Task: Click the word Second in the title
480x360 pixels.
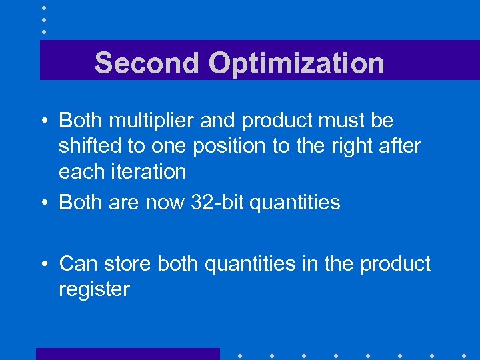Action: [146, 63]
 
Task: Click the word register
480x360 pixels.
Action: [94, 290]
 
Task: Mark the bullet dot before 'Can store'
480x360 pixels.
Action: [43, 265]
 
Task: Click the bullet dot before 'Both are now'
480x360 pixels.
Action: [43, 203]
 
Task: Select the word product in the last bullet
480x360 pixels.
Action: [395, 265]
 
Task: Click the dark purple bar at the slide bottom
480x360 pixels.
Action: [127, 353]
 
